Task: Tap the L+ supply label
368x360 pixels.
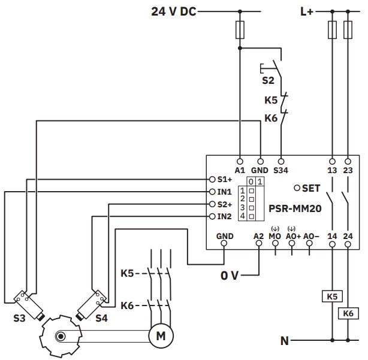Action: (306, 11)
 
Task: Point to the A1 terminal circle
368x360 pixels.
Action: (240, 161)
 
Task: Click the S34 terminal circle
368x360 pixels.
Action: (281, 161)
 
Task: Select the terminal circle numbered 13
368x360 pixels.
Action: (332, 161)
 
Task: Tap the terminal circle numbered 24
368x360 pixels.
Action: (348, 246)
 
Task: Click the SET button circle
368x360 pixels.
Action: (297, 187)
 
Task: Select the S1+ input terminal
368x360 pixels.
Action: (212, 179)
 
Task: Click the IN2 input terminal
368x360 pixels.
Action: (212, 216)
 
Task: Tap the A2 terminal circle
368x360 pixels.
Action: (259, 246)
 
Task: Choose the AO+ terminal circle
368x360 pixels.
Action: (292, 246)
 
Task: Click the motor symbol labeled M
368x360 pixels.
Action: (161, 337)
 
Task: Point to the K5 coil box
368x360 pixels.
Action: (332, 297)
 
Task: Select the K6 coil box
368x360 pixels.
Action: (348, 313)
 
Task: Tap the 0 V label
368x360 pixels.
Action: (230, 276)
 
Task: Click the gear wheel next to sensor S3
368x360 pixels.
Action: (59, 336)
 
